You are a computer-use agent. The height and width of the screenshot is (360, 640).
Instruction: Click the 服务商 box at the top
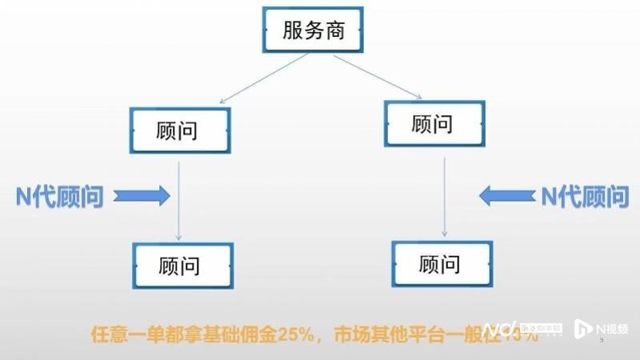click(314, 30)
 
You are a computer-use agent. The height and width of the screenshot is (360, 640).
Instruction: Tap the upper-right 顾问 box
click(433, 122)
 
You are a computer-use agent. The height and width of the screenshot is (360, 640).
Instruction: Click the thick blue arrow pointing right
click(142, 194)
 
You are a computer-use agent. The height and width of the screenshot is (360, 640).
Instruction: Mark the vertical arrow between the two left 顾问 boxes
click(178, 200)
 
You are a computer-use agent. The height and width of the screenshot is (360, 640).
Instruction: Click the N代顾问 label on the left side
click(59, 194)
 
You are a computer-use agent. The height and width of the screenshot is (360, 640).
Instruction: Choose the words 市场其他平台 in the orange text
click(385, 333)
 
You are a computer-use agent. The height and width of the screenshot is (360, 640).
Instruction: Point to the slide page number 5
click(602, 341)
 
